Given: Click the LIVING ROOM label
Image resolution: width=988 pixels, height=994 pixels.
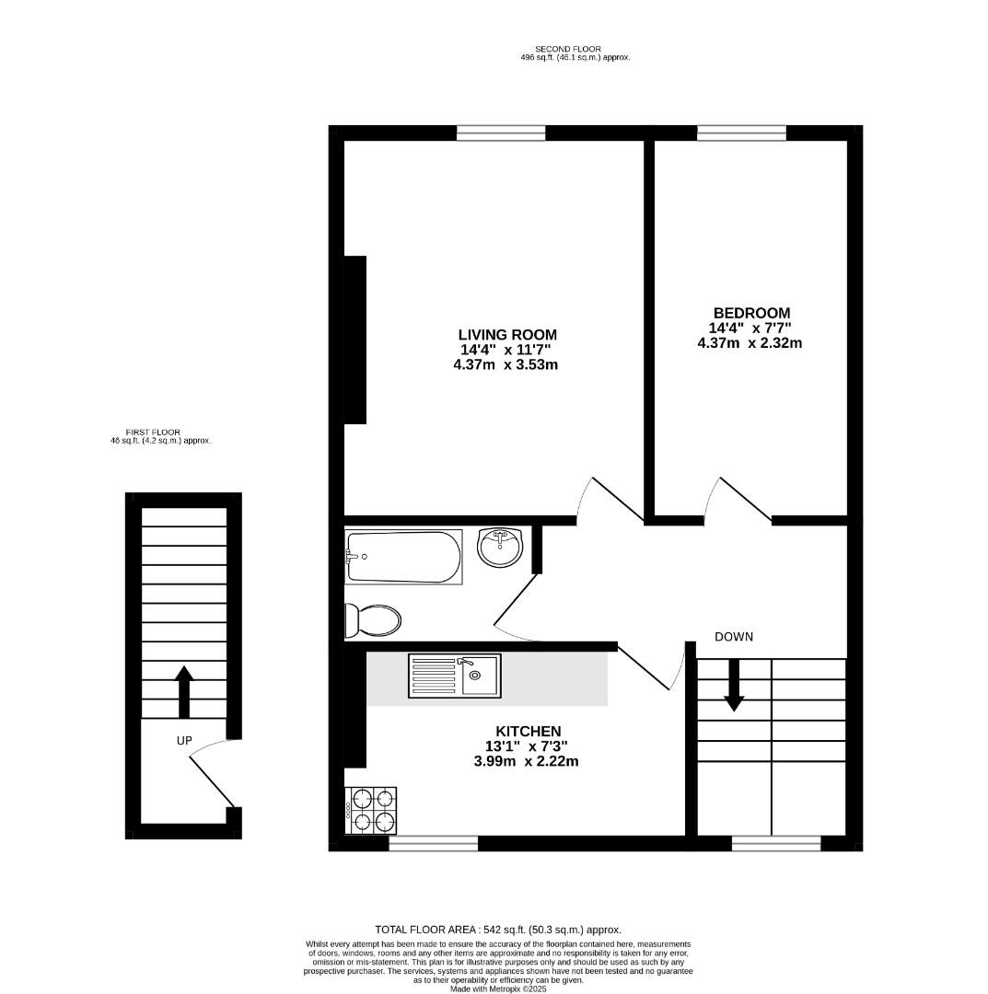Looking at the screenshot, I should coord(507,334).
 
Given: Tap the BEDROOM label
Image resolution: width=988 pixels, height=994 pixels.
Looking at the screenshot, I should coord(750,313).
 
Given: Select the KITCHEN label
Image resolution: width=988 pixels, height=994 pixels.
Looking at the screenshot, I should coord(521,731).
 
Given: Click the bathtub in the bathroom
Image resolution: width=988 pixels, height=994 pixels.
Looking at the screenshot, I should coord(402,557).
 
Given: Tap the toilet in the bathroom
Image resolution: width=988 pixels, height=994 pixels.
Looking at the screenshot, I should coord(372,620).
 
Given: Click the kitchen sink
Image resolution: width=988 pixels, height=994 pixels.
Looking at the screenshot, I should coord(455,677).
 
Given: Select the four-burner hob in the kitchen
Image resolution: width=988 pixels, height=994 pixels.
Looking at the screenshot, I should coord(370,811).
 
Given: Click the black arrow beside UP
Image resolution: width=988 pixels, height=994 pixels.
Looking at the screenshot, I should coord(183,691).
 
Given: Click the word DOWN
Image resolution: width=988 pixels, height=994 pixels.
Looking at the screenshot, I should coord(734,637).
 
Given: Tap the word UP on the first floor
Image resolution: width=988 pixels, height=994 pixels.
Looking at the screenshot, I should coord(184,740).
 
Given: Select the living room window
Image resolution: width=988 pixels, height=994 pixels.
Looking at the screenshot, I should coord(501,133).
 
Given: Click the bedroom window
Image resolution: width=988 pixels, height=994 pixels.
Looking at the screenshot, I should coord(741,133).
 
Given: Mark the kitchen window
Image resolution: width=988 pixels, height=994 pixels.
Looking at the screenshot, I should coord(433,842).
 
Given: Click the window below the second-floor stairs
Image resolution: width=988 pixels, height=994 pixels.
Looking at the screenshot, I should coord(775,842).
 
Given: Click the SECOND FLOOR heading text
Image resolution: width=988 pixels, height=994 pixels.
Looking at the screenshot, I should coord(567,49).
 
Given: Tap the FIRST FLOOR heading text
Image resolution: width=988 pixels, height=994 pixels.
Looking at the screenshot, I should coord(153,432).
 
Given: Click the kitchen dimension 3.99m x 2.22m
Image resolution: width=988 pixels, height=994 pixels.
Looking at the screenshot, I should coord(521,761).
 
